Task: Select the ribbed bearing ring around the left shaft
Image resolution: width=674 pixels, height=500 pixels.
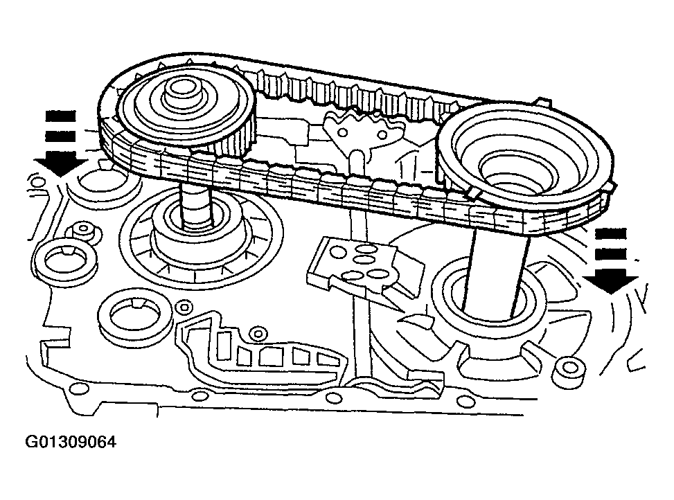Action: click(x=201, y=239)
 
